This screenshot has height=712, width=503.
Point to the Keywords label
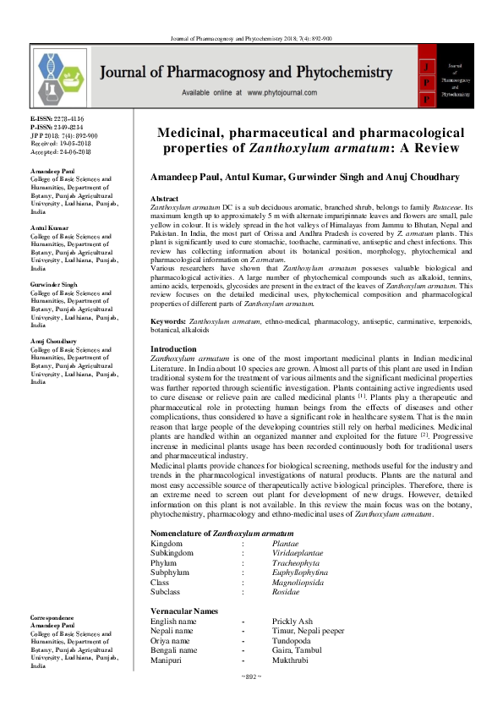(x=167, y=322)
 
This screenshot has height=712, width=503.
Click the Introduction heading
(x=173, y=349)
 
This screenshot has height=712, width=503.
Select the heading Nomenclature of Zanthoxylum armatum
(x=222, y=534)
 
